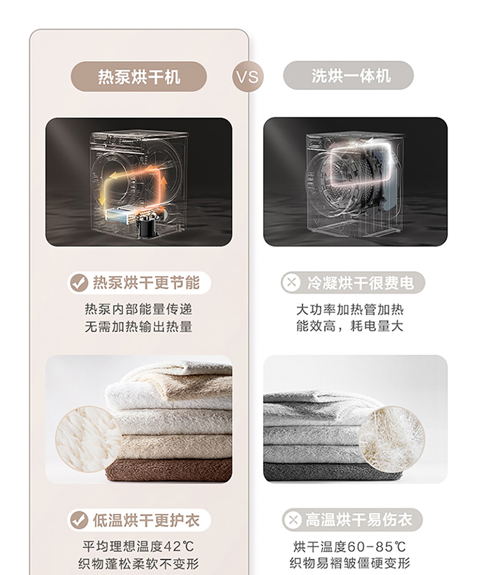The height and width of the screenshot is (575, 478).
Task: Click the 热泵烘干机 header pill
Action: [x=138, y=76]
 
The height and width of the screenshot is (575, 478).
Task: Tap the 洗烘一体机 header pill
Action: [x=348, y=76]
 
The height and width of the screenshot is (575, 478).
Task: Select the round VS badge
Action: [x=248, y=77]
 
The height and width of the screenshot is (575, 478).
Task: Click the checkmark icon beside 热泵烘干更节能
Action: [x=79, y=283]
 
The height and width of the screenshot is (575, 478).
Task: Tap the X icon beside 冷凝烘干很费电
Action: [x=292, y=282]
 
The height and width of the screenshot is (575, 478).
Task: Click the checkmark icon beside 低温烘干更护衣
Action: [x=79, y=520]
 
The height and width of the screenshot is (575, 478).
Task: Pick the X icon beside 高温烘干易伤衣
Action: [x=293, y=520]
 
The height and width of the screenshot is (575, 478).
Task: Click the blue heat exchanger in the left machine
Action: [x=119, y=216]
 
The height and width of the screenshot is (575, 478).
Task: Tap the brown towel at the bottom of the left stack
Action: [x=170, y=470]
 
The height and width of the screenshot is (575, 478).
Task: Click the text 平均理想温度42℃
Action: [x=138, y=546]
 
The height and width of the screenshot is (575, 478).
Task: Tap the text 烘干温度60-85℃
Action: [x=350, y=547]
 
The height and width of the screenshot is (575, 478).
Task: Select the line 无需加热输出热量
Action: [x=138, y=326]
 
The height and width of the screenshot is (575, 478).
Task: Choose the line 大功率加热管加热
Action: [x=350, y=310]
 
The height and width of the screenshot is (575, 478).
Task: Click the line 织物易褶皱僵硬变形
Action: [x=350, y=562]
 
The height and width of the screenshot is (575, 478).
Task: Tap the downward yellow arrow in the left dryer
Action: [x=102, y=194]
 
